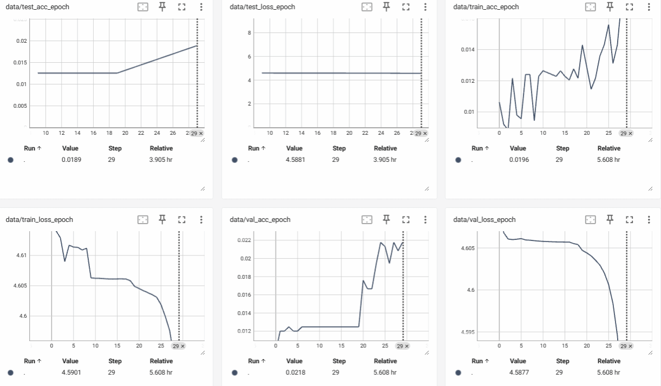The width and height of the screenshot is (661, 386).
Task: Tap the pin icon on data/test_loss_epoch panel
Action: (386, 6)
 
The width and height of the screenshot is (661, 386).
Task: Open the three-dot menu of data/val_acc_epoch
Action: (425, 219)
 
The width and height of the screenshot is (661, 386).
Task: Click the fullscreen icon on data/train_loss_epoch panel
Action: (182, 219)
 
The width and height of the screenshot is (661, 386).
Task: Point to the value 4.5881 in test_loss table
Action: (295, 160)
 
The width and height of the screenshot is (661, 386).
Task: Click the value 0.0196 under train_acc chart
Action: (518, 160)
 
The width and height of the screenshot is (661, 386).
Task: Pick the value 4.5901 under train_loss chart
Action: (71, 372)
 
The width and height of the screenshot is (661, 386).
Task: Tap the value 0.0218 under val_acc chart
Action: (295, 372)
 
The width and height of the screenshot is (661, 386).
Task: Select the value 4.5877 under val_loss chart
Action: (518, 372)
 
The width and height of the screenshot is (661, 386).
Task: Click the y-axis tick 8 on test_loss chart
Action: (250, 32)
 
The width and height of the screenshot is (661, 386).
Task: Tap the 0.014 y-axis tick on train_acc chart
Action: (466, 49)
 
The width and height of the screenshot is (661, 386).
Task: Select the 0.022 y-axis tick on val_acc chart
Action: (245, 240)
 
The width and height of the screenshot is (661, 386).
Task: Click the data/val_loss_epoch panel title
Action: (484, 220)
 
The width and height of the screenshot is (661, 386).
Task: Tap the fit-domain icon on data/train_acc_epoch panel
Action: (591, 6)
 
